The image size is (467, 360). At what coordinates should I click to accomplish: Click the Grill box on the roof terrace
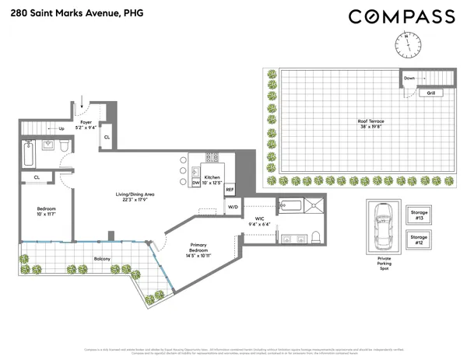click(430, 93)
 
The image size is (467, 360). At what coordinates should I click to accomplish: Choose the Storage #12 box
click(419, 239)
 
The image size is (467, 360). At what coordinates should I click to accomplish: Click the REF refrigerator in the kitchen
click(230, 189)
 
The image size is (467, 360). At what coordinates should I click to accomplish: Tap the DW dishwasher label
click(196, 183)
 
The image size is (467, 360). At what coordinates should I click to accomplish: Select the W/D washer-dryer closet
click(232, 207)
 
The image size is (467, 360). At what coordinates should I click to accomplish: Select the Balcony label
click(81, 258)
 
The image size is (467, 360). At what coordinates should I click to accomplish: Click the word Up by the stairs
click(61, 129)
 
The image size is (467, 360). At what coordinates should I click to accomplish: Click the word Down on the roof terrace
click(409, 78)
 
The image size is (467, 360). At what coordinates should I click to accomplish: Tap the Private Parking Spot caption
click(384, 262)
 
